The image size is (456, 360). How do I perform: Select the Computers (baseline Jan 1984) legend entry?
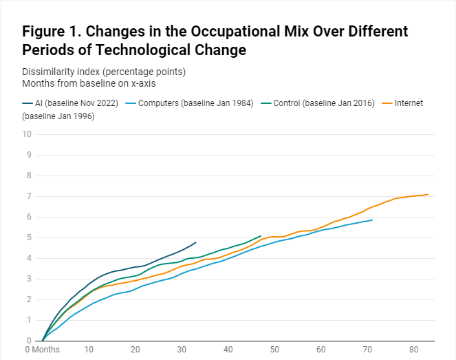[x=195, y=103]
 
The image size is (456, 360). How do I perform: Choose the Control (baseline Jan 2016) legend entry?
[x=323, y=103]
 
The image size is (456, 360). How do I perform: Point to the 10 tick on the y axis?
[x=26, y=134]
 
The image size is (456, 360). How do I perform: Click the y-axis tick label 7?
[x=29, y=196]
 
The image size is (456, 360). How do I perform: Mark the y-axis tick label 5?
[x=29, y=237]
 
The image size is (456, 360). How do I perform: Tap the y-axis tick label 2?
[x=29, y=299]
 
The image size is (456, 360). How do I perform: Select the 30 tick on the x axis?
[x=181, y=350]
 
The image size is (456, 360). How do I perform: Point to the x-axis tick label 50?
[x=274, y=350]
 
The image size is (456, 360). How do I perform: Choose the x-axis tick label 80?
[x=414, y=350]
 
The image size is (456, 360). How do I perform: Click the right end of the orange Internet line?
[x=428, y=194]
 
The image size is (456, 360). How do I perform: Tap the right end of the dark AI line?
[x=196, y=242]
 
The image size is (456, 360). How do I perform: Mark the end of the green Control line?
[x=261, y=235]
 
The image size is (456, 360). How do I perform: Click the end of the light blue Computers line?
[x=372, y=220]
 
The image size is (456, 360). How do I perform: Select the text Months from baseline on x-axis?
[x=88, y=83]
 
